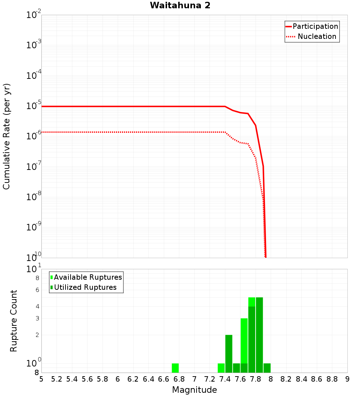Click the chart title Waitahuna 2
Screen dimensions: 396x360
click(180, 5)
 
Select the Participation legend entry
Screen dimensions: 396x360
click(315, 26)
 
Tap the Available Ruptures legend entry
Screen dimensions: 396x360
click(88, 277)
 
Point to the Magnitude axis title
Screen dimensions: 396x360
click(194, 390)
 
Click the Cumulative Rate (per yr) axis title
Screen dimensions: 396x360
click(6, 136)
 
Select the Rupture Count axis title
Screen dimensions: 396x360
click(14, 320)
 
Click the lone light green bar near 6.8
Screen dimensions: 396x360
click(175, 368)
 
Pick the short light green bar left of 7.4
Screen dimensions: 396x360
click(221, 368)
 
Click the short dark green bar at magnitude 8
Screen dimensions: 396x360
click(267, 368)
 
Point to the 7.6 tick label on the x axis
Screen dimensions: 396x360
click(240, 379)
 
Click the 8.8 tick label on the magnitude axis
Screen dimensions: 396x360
click(332, 379)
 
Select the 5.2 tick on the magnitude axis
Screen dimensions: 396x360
click(57, 379)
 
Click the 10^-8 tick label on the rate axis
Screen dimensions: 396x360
click(34, 197)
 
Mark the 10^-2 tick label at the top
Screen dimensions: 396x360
click(34, 15)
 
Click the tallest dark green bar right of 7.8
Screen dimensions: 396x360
click(259, 335)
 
